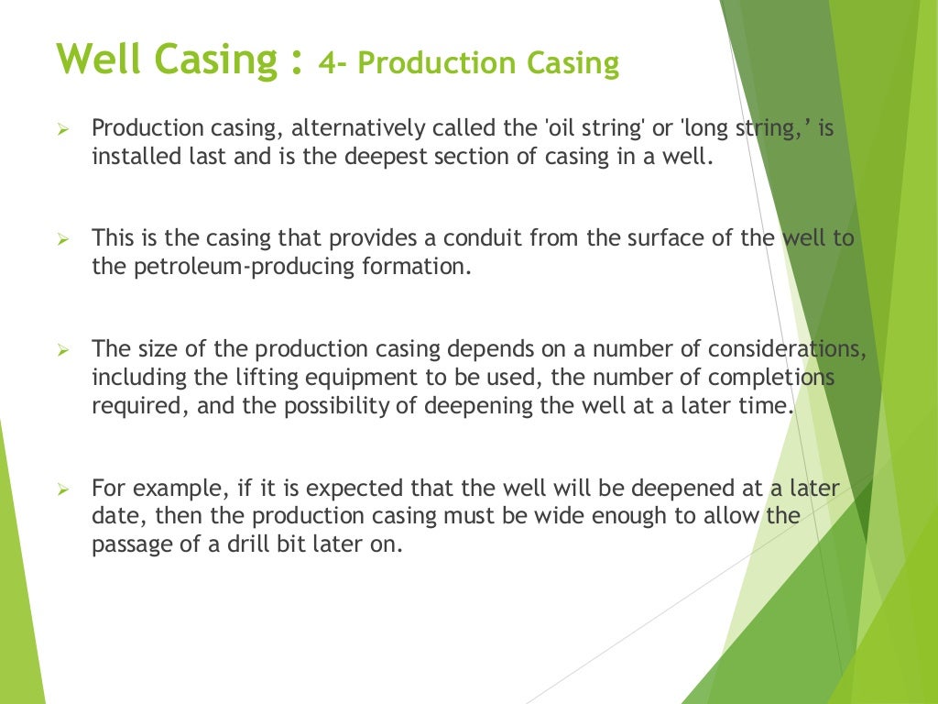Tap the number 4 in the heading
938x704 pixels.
[326, 64]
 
